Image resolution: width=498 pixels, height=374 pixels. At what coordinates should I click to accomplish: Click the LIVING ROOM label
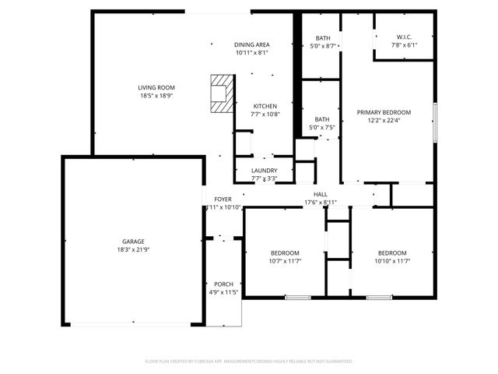click(x=156, y=87)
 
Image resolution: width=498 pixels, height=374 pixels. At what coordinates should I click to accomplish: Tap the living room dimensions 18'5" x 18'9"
click(x=156, y=96)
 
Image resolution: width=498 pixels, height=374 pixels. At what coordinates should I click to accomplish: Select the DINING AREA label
click(x=251, y=44)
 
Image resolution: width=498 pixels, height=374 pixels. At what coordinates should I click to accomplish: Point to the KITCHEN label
click(x=265, y=106)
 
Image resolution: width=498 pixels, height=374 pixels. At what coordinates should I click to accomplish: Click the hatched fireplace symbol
click(x=223, y=92)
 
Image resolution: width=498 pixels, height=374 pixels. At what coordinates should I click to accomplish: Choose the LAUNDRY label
click(x=265, y=171)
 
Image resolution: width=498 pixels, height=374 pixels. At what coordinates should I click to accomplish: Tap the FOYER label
click(x=223, y=199)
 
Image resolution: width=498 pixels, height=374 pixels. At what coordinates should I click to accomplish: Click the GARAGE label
click(x=133, y=242)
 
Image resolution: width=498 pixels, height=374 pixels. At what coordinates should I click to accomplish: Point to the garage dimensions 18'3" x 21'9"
click(x=133, y=250)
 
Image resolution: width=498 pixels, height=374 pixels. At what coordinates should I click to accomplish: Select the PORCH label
click(x=223, y=284)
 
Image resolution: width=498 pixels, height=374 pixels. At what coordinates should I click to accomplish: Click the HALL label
click(x=320, y=194)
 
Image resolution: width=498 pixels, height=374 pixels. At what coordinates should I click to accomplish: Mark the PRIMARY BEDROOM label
click(x=384, y=112)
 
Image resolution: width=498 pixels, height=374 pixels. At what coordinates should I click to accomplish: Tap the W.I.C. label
click(x=404, y=37)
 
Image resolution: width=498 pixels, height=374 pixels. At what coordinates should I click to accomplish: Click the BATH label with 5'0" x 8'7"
click(x=323, y=38)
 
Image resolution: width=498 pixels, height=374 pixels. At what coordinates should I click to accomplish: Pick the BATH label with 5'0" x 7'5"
click(x=322, y=119)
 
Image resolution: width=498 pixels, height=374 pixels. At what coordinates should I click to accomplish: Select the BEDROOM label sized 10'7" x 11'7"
click(x=284, y=252)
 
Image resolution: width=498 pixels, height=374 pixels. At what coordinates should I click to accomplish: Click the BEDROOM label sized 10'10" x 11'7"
click(x=391, y=252)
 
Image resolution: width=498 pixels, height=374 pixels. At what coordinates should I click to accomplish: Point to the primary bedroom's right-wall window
click(x=435, y=122)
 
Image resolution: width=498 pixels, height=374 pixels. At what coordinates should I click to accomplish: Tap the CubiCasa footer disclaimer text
click(x=249, y=362)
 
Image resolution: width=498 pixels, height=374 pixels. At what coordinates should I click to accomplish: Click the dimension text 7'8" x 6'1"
click(x=404, y=45)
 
